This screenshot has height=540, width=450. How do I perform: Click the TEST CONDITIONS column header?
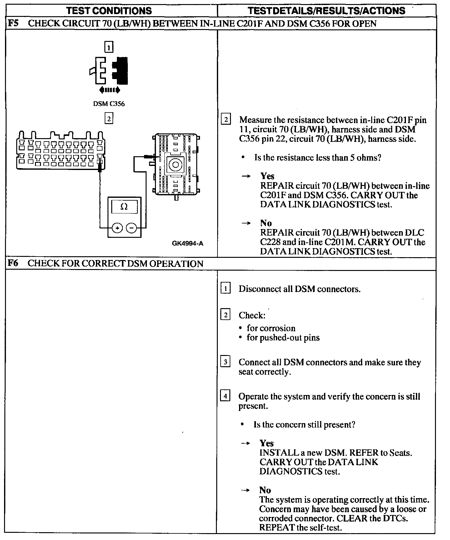coord(109,11)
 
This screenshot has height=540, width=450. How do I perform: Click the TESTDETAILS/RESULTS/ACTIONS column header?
coord(327,11)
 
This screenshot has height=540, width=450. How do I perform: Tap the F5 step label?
coord(13,23)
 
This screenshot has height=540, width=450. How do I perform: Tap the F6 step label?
coord(13,263)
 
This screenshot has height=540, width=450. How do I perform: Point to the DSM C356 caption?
coord(109,104)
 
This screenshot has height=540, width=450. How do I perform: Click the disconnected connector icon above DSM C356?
coord(109,71)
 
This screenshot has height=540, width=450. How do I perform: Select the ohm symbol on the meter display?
coord(124,207)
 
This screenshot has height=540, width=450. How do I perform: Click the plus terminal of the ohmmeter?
coord(117,228)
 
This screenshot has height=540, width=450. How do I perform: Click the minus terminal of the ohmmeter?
coord(131,228)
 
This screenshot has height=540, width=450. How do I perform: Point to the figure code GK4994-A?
coord(187,243)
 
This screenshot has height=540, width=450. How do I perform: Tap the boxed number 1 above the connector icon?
coord(108,47)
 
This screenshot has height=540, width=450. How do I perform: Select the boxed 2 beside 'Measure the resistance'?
coord(226,120)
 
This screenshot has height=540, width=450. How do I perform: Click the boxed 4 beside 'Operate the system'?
coord(225,397)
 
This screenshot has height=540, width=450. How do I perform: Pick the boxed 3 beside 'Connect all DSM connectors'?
coord(225,362)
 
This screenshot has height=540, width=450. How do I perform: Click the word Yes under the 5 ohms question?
coord(267,176)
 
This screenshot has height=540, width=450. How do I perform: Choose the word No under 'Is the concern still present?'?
coord(265,490)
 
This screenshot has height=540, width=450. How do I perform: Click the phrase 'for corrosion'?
coord(271,328)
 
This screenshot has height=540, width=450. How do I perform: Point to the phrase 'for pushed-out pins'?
coord(283,337)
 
